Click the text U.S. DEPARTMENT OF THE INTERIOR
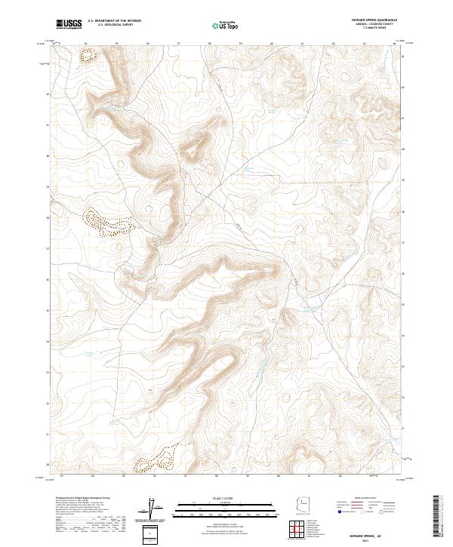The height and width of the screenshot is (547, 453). click(114, 21)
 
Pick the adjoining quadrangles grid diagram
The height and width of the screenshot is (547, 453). click(303, 530)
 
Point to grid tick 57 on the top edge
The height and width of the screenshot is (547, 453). click(178, 44)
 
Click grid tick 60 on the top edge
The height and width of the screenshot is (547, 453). click(271, 44)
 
